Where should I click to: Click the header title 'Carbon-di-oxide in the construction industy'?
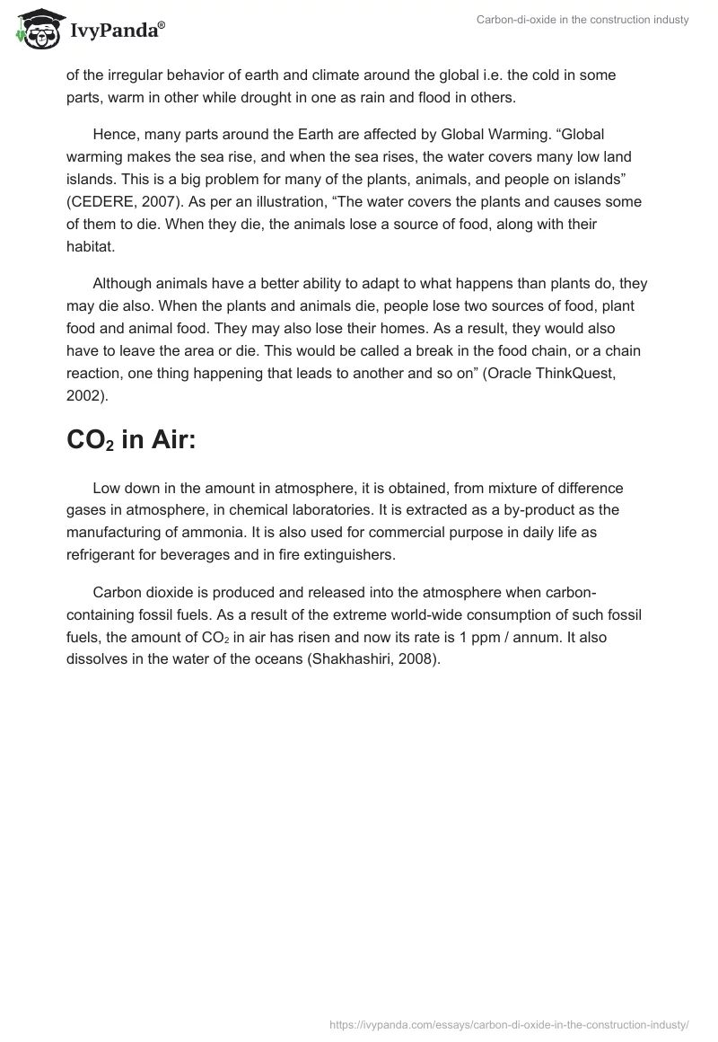(582, 20)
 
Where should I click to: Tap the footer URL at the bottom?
(509, 1024)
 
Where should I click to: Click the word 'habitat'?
(89, 245)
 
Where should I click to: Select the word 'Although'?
(121, 283)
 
